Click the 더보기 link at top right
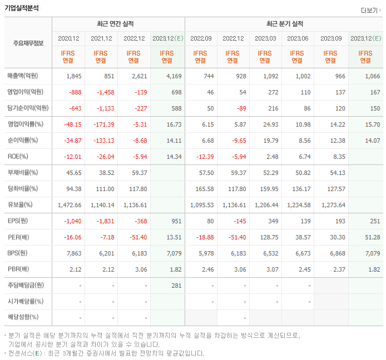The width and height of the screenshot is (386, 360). (x=370, y=10)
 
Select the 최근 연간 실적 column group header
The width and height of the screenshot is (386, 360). (x=118, y=24)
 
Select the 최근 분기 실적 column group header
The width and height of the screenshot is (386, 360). (x=284, y=24)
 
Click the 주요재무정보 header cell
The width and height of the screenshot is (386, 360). (x=28, y=43)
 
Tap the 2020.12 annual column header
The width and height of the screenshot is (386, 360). (x=69, y=38)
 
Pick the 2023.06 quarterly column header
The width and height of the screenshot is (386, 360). (x=298, y=38)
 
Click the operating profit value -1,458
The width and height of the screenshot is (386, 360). (x=104, y=92)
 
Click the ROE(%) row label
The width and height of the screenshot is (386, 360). (x=19, y=157)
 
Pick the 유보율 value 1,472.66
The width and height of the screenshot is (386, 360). (x=70, y=205)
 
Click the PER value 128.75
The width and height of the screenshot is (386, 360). (x=266, y=238)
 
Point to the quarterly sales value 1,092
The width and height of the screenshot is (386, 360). (x=266, y=76)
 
